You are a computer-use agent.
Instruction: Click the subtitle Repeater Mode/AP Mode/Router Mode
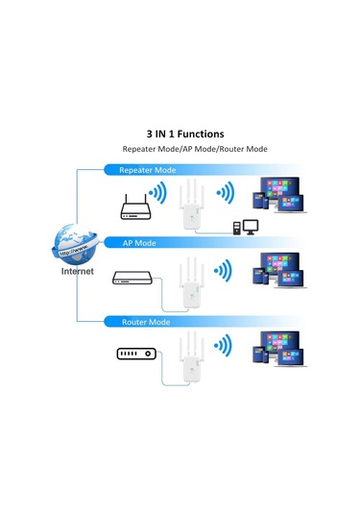194,150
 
